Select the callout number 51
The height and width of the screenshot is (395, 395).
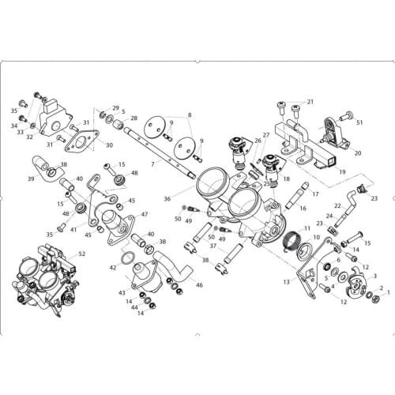[359, 122]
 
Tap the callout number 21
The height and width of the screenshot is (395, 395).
[310, 102]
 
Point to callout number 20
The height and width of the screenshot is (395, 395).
[358, 152]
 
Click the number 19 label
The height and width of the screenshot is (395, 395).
[342, 171]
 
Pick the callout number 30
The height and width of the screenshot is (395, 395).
[108, 145]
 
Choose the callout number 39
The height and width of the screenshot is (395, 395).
[32, 179]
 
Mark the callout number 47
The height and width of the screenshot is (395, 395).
[145, 214]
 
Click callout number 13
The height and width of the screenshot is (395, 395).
[285, 281]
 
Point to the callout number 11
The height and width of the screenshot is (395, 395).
[307, 228]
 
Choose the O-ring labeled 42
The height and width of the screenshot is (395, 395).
[127, 258]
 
